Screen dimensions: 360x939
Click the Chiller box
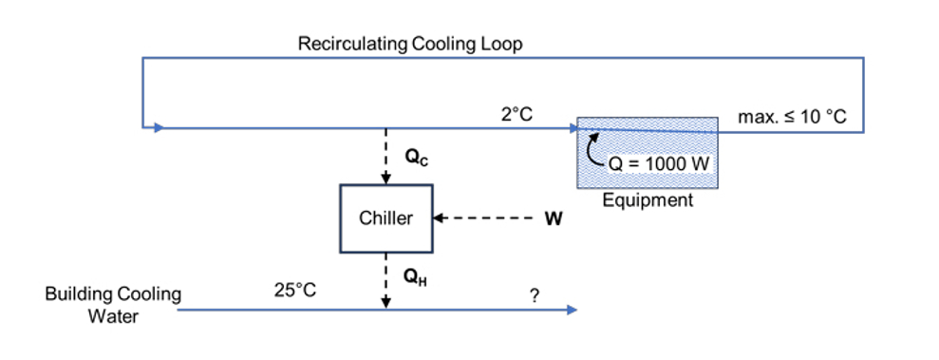386,218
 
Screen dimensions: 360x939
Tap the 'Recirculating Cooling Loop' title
409,44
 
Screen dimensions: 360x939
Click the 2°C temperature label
516,114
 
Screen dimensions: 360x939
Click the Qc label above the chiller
416,160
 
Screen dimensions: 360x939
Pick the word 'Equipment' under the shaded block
648,200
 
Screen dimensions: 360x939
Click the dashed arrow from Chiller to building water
385,280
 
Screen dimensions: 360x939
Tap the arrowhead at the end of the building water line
571,311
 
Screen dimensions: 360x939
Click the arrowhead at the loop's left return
159,126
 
